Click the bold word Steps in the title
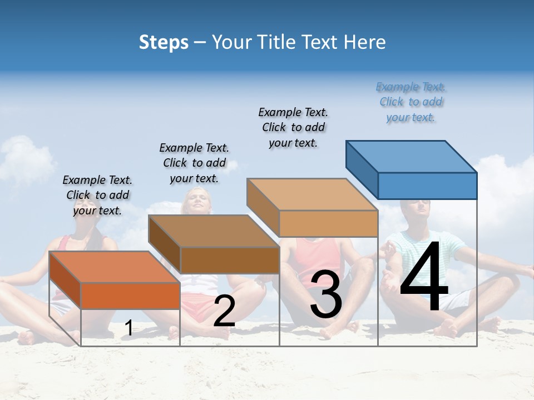(164, 42)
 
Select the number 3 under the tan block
(325, 295)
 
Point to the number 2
(224, 311)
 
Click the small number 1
(128, 328)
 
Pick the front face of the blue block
(427, 186)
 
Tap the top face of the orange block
(115, 267)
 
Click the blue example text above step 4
(411, 102)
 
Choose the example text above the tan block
(293, 127)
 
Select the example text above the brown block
(194, 163)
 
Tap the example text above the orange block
(97, 195)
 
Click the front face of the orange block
(130, 296)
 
